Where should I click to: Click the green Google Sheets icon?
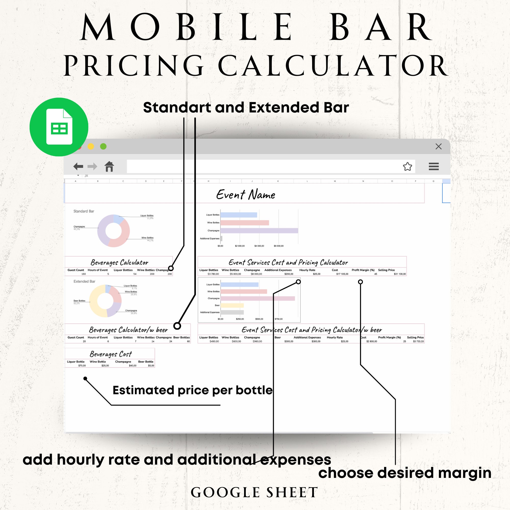click(59, 127)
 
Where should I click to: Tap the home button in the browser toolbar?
click(109, 167)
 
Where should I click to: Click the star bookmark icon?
click(407, 167)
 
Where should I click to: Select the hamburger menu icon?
click(434, 167)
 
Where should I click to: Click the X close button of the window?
click(438, 147)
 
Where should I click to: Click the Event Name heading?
click(246, 195)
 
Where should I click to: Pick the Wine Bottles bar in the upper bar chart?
click(245, 223)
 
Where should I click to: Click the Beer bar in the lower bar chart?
click(232, 305)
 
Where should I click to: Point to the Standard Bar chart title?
click(84, 211)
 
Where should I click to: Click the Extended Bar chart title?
click(84, 282)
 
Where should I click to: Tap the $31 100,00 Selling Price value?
click(400, 274)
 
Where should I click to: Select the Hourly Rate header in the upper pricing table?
click(307, 270)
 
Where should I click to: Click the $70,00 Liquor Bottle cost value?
click(82, 366)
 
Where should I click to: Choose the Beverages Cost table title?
click(111, 354)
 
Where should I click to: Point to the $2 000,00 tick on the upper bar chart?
click(240, 246)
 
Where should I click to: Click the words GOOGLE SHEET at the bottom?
click(254, 492)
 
